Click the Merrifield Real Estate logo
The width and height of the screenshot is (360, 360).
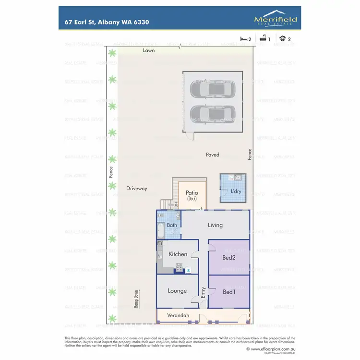point(276,19)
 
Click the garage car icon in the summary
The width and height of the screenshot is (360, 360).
point(282,39)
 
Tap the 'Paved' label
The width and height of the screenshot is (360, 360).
point(212,155)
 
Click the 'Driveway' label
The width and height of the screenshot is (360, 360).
point(137,189)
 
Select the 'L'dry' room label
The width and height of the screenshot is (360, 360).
point(236,192)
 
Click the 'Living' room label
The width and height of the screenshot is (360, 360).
point(215,225)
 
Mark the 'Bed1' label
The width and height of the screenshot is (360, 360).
point(229,291)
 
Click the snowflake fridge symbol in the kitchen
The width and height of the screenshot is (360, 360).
point(188,271)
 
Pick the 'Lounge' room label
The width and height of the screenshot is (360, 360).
point(177,291)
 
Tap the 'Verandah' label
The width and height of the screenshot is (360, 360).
point(178,315)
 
